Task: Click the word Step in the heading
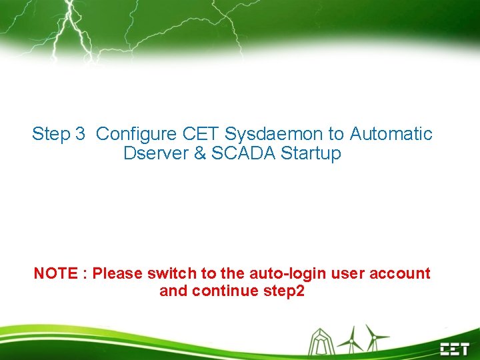51,134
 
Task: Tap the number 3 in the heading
80,134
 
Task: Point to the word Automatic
391,134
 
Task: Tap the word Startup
311,153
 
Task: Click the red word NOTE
55,273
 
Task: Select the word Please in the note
117,273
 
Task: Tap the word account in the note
401,273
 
